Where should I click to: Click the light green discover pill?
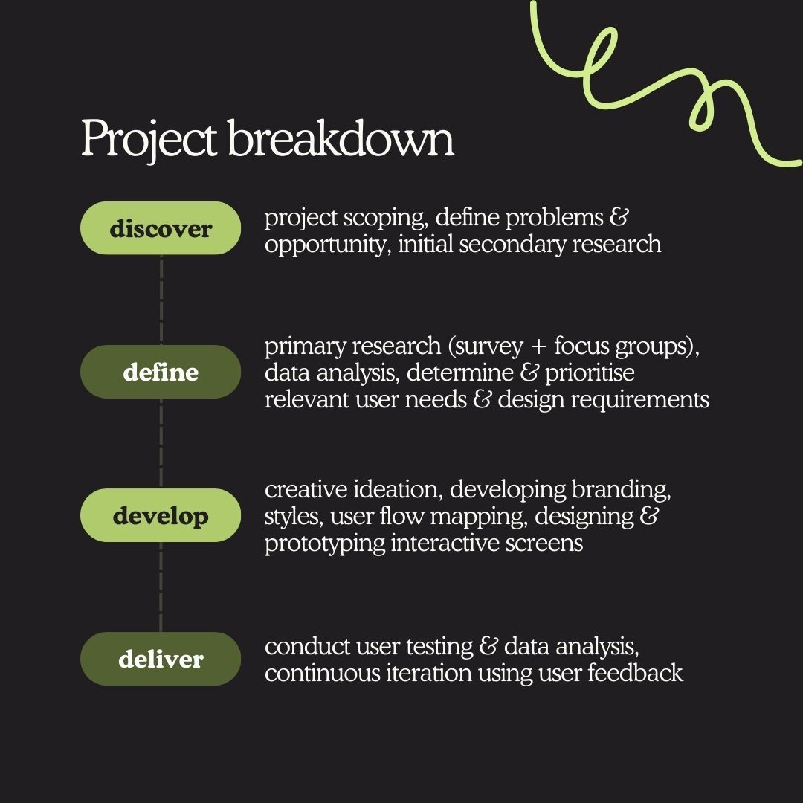pyautogui.click(x=161, y=228)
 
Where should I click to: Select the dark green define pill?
pyautogui.click(x=161, y=372)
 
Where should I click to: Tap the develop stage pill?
pyautogui.click(x=161, y=515)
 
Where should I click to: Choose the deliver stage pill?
pyautogui.click(x=161, y=659)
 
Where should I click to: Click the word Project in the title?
pyautogui.click(x=149, y=139)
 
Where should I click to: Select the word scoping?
pyautogui.click(x=385, y=219)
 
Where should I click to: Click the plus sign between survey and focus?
pyautogui.click(x=538, y=347)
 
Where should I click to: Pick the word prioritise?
pyautogui.click(x=590, y=374)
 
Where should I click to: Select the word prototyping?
pyautogui.click(x=325, y=544)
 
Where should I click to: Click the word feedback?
pyautogui.click(x=635, y=672)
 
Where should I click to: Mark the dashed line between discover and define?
pyautogui.click(x=161, y=300)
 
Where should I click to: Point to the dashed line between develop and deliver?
pyautogui.click(x=161, y=587)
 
